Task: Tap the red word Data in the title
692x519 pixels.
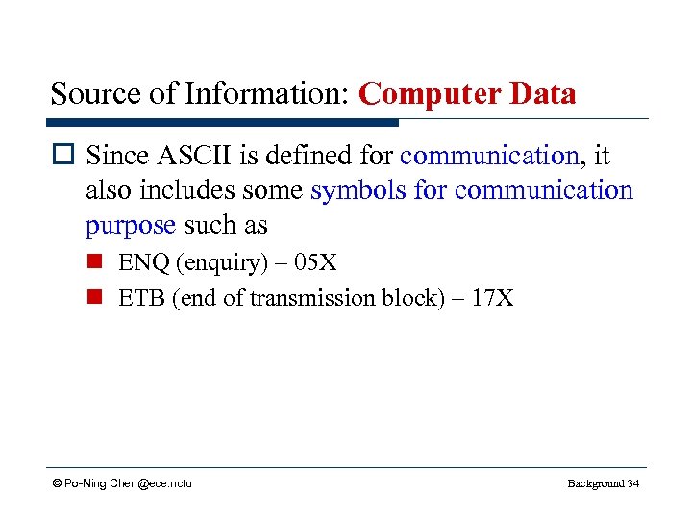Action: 542,94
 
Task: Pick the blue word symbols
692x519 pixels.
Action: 358,190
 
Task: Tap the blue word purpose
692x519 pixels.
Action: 130,226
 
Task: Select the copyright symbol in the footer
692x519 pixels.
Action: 58,483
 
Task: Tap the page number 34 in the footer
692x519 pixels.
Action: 632,483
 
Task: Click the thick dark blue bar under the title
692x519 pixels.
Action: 221,122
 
